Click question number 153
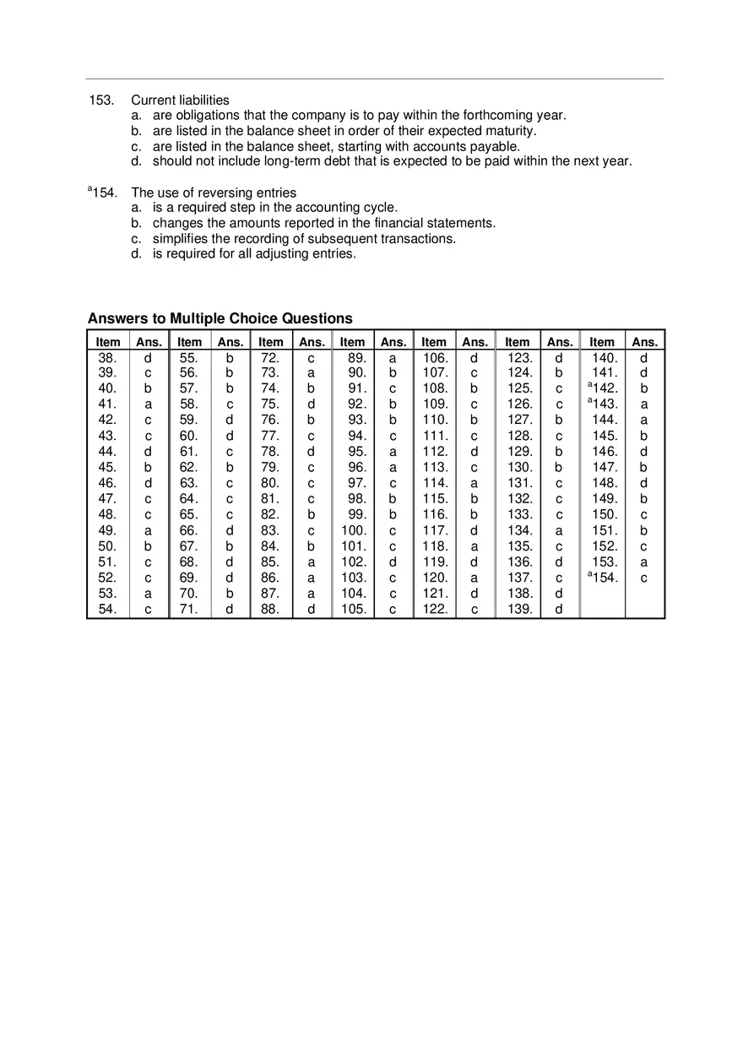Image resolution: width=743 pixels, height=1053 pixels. [100, 100]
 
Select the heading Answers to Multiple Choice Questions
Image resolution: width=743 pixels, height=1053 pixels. [220, 318]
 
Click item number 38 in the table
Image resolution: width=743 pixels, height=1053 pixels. [107, 357]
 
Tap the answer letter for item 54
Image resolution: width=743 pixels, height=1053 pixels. [148, 610]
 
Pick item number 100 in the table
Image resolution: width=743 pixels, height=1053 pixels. [354, 531]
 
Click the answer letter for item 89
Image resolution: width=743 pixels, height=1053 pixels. [393, 357]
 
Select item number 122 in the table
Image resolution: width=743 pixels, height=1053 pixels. [435, 610]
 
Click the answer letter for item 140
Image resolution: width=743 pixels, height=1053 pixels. [644, 357]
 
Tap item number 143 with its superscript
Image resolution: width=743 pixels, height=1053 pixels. [603, 404]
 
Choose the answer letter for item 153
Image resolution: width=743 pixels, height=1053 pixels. [644, 562]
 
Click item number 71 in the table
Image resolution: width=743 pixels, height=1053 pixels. [188, 610]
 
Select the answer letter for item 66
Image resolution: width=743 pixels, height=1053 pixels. [229, 531]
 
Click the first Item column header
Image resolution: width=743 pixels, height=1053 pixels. [108, 342]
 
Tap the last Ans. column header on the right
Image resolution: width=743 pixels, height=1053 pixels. [644, 342]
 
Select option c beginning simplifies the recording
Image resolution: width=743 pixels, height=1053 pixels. [304, 239]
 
